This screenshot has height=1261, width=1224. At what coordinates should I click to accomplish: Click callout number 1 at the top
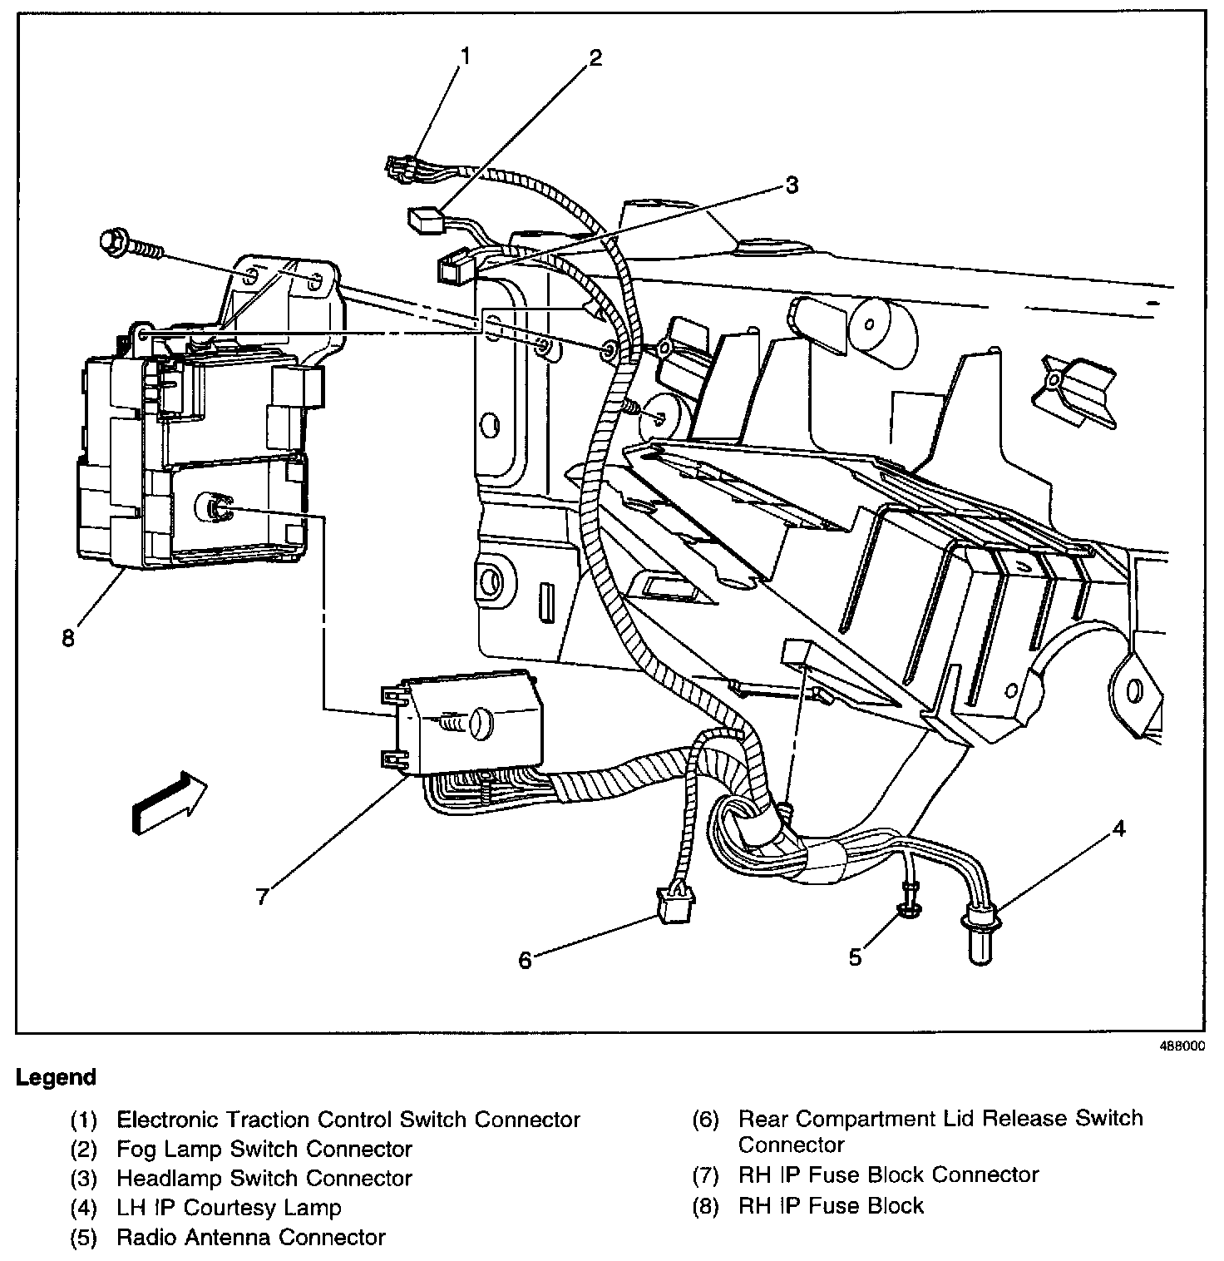tap(465, 57)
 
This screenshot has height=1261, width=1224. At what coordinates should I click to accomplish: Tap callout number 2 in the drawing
tap(594, 57)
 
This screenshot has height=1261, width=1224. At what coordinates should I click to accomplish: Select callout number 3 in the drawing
tap(791, 185)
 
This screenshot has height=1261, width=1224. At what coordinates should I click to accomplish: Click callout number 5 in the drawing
tap(855, 957)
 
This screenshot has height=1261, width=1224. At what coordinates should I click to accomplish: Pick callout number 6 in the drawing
tap(525, 960)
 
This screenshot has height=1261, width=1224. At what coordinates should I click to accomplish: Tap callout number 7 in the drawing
tap(262, 896)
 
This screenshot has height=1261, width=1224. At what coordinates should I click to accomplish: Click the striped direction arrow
tap(169, 801)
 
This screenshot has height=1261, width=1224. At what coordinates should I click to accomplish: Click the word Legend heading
tap(56, 1078)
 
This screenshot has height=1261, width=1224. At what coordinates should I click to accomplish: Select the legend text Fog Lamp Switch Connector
tap(264, 1150)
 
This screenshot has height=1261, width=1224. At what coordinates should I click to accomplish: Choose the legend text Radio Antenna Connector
tap(251, 1238)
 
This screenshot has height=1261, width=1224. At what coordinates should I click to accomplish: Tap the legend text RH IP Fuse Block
tap(831, 1206)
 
